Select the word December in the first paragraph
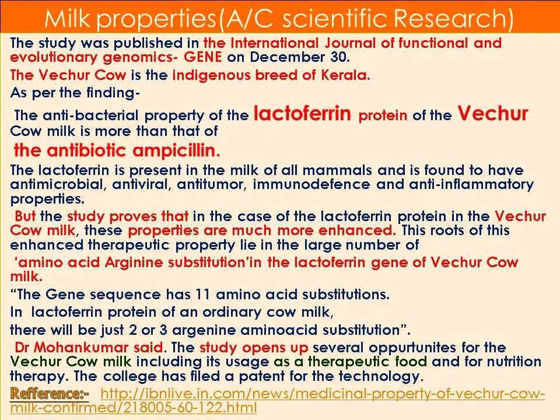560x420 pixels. coord(284,57)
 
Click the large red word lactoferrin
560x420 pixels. coord(303,113)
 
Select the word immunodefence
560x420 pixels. coord(311,184)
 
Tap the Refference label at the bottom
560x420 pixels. coord(49,394)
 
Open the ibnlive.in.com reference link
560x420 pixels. coord(278,400)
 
